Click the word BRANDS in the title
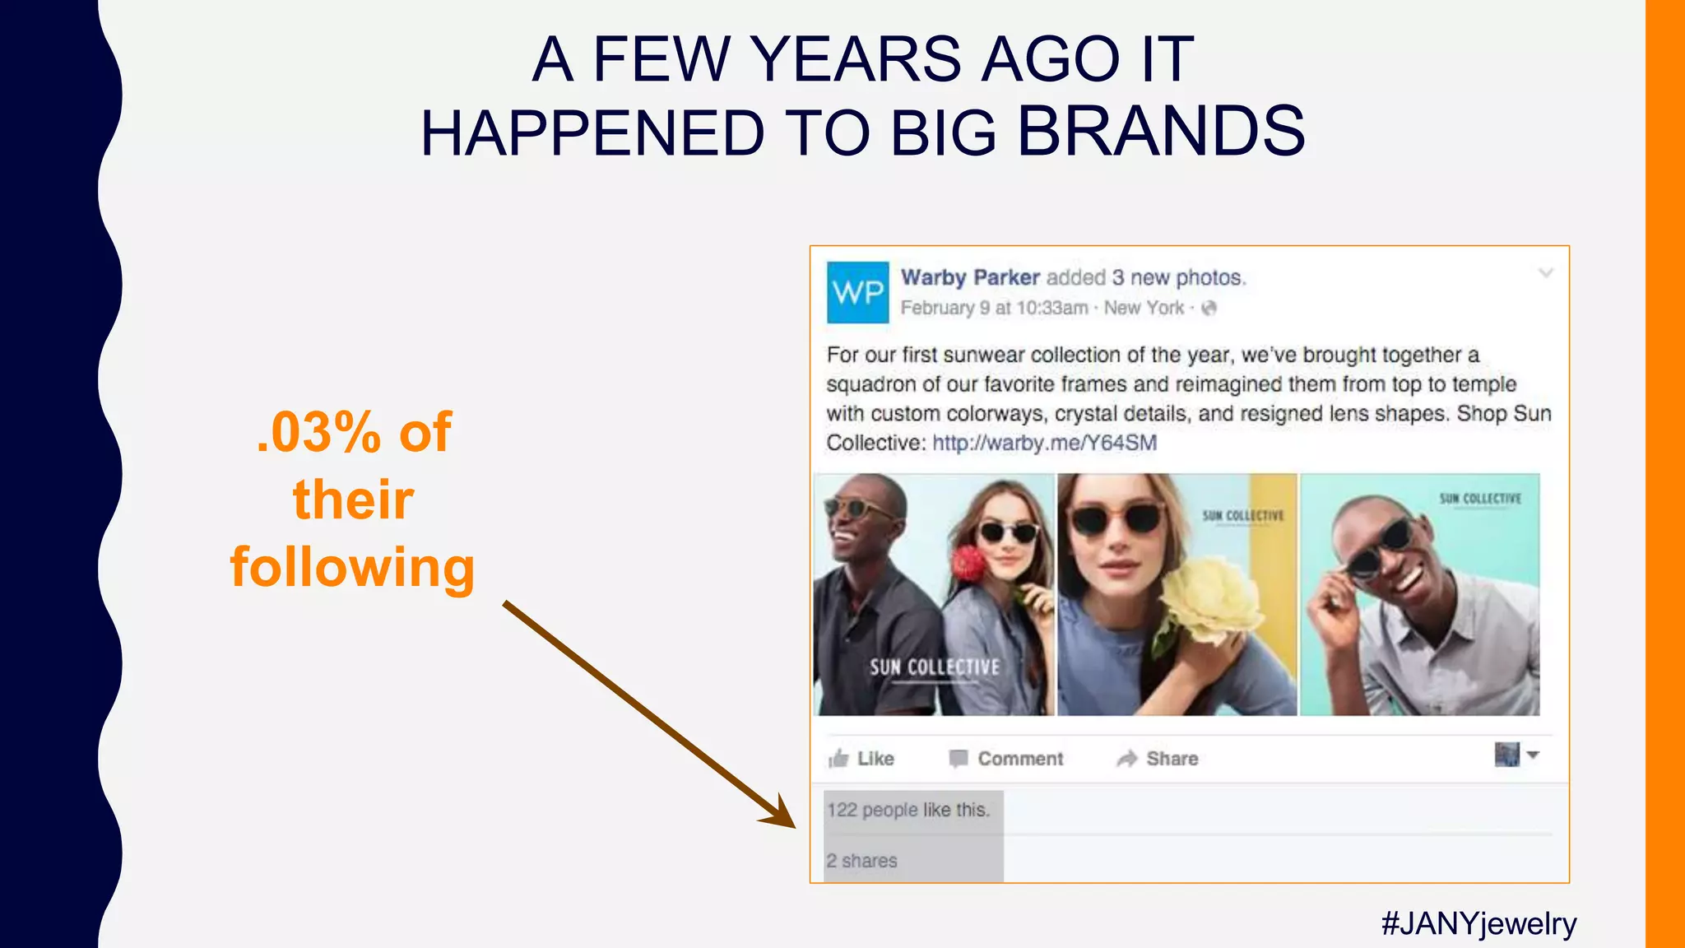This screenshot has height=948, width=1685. point(1161,132)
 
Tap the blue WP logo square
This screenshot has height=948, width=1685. point(857,292)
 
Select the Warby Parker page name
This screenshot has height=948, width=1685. point(970,277)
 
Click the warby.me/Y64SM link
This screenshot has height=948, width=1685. point(1044,443)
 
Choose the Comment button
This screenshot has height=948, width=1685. point(1005,759)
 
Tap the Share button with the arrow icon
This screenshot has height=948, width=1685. point(1157,759)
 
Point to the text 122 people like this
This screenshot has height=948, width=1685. point(908,810)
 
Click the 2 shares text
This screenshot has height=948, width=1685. point(861,861)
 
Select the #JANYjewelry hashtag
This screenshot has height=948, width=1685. point(1478,923)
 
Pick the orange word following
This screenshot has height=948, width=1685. point(352,568)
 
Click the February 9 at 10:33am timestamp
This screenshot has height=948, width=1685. point(994,308)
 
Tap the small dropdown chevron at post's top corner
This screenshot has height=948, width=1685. point(1546,273)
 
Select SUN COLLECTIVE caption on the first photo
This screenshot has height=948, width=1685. point(935,667)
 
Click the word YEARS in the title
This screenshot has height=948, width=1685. point(856,59)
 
